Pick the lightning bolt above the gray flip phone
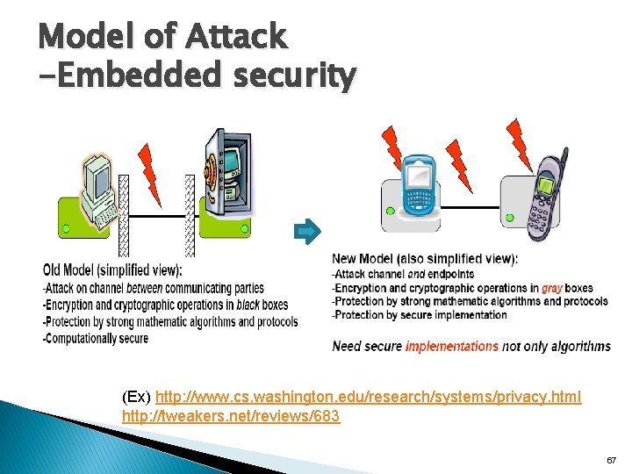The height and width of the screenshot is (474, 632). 520,144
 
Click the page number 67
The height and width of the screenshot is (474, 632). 611,460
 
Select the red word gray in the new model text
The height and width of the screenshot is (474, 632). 552,288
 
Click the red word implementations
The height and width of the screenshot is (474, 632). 451,346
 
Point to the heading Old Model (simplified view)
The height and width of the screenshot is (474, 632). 112,269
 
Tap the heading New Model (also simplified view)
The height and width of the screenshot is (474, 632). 425,259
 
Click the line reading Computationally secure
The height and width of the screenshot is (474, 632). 96,338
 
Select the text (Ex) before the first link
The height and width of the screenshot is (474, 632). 137,398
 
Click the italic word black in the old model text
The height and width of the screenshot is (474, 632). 248,305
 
